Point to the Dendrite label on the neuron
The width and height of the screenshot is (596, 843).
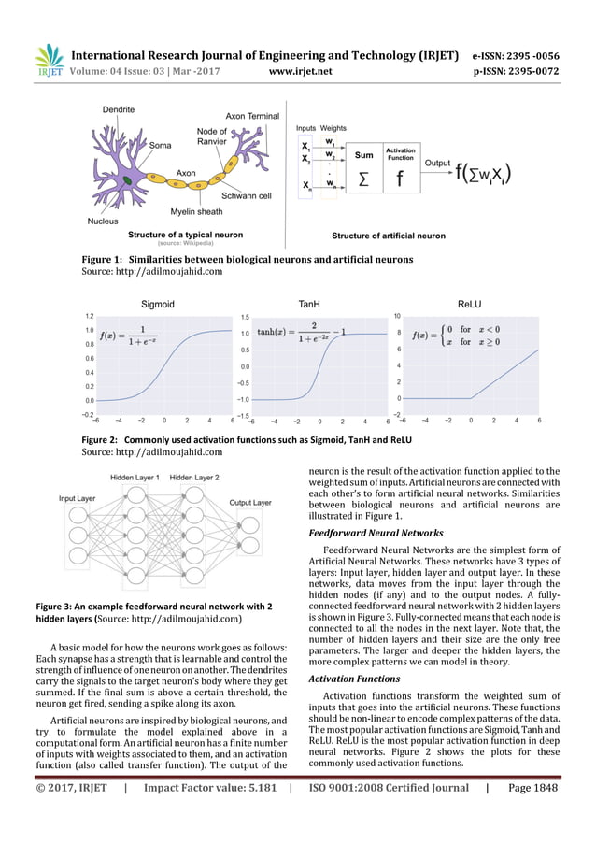coord(118,110)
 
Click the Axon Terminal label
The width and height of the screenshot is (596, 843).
coord(252,116)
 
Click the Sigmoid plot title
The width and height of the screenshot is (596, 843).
coord(157,304)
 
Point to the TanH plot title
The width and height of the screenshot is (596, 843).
coord(308,304)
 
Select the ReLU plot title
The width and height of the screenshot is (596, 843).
coord(470,304)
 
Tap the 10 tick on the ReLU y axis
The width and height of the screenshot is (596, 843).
coord(397,317)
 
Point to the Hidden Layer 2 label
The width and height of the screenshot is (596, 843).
coord(193,478)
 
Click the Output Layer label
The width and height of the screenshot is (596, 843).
coord(249,502)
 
